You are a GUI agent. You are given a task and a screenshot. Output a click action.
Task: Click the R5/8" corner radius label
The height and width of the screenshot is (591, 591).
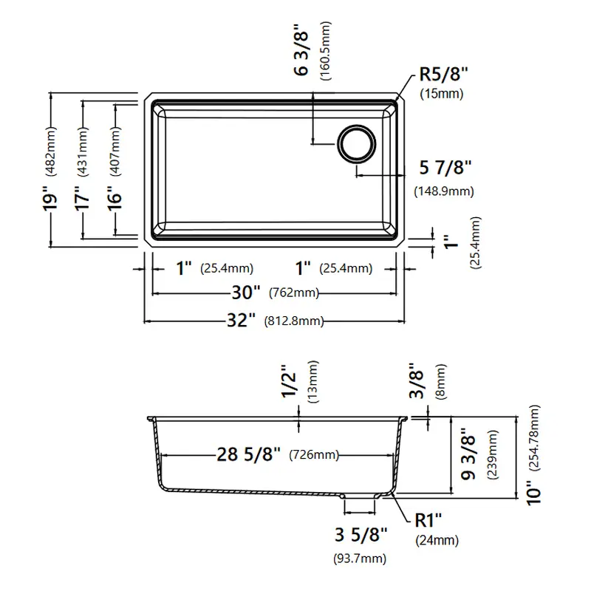[444, 74]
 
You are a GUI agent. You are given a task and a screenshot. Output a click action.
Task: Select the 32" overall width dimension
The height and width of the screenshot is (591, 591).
[242, 321]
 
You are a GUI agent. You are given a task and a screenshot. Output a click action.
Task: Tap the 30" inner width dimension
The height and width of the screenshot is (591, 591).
[246, 292]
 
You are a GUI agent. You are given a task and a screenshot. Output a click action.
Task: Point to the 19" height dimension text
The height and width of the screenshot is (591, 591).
[50, 198]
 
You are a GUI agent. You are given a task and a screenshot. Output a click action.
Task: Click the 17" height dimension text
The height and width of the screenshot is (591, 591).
[82, 198]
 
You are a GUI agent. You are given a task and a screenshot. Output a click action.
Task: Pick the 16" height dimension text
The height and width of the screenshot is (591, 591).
[115, 198]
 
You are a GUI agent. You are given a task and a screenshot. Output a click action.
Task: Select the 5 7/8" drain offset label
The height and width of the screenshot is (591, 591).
[445, 168]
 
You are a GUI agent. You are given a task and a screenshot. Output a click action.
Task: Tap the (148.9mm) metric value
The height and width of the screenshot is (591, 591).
[444, 191]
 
